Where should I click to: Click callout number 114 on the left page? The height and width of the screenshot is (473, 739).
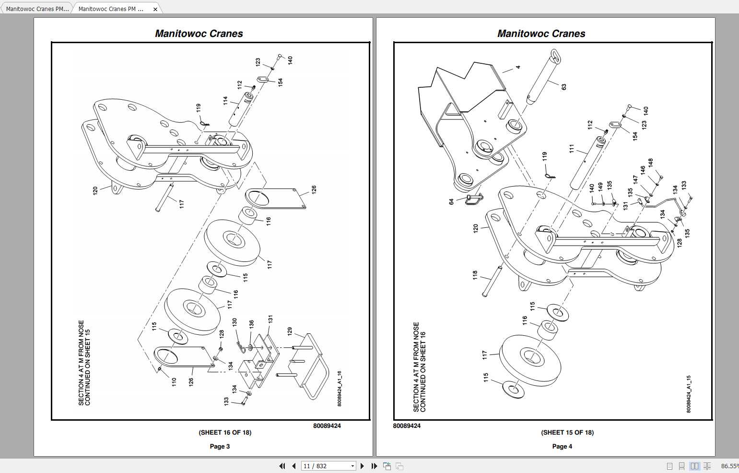click(225, 101)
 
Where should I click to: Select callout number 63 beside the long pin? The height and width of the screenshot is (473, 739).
click(564, 87)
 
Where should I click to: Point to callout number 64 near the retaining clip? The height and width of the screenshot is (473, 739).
click(451, 202)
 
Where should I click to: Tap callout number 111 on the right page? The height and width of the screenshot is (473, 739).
click(572, 149)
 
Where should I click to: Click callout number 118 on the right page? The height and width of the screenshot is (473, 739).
click(475, 275)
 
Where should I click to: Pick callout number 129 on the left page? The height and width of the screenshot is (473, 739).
click(290, 331)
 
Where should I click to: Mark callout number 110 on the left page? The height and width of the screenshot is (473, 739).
click(174, 382)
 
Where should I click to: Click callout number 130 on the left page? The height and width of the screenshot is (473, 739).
click(235, 322)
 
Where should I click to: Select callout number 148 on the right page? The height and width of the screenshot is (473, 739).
click(651, 163)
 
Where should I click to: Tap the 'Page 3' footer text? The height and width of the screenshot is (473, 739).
click(220, 446)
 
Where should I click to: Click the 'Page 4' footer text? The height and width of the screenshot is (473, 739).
click(562, 446)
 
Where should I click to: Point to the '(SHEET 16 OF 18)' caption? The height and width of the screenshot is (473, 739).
click(225, 432)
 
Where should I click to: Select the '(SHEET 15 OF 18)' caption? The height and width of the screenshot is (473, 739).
click(567, 432)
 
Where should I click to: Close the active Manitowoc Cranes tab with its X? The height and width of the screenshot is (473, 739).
click(155, 9)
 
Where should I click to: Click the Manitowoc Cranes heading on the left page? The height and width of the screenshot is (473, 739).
click(199, 34)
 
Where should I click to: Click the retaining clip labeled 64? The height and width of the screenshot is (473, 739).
click(474, 199)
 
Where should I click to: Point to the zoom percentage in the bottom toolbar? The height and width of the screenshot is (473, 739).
click(729, 466)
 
